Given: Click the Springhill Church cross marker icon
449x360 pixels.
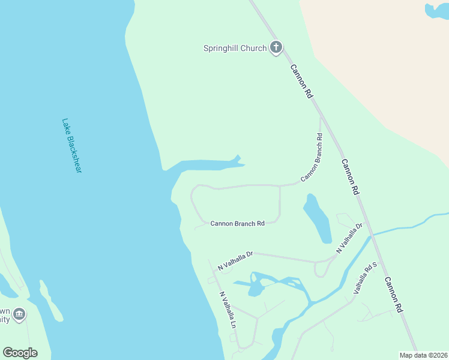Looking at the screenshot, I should point(276,47).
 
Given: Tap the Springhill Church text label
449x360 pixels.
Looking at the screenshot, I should point(235,48).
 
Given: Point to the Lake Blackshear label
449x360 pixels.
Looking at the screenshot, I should point(71,145).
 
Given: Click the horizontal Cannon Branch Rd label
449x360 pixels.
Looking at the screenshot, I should point(237,224).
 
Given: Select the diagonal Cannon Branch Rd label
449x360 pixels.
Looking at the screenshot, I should point(312,158).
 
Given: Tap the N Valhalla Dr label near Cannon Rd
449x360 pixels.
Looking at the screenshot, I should point(350,238).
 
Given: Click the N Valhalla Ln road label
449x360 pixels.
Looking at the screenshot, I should point(228,310).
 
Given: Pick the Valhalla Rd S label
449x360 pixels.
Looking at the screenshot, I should point(365,277).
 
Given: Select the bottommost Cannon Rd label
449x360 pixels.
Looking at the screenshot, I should point(393,295).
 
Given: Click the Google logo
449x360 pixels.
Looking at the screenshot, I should point(20,353).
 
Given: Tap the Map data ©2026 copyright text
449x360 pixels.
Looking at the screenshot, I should point(424,355).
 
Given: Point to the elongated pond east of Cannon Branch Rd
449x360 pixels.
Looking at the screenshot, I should point(318,218).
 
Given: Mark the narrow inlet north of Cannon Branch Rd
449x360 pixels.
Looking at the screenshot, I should point(207,164).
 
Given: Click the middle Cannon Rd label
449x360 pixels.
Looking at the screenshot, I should point(350,176).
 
